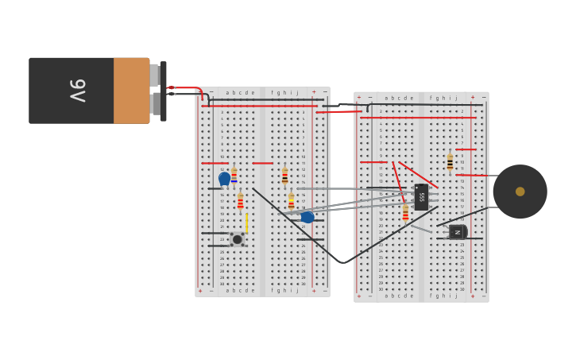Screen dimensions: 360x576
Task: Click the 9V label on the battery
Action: [77, 90]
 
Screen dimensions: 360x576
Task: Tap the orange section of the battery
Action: [131, 91]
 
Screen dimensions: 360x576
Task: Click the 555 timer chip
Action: [421, 196]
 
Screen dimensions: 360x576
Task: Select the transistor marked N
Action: [457, 231]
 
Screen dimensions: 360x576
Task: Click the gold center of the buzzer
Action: [520, 192]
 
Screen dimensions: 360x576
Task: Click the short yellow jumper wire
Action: [246, 223]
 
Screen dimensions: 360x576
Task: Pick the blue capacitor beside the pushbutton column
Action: [224, 178]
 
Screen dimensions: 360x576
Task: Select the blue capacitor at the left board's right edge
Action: [307, 217]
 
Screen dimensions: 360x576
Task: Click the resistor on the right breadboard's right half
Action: [450, 161]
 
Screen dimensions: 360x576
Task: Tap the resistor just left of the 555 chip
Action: [405, 212]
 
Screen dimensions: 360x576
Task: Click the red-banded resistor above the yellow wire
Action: [240, 201]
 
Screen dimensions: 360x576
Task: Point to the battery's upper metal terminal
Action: [154, 75]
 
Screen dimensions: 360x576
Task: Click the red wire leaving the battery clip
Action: [184, 87]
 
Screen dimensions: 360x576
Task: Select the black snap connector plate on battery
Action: [163, 91]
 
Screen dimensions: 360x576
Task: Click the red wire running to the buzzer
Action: [477, 175]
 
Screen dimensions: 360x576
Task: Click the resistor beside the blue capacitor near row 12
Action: [234, 176]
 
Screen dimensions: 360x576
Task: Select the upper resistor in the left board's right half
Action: [284, 176]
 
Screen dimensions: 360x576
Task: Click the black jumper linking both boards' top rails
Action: [342, 104]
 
